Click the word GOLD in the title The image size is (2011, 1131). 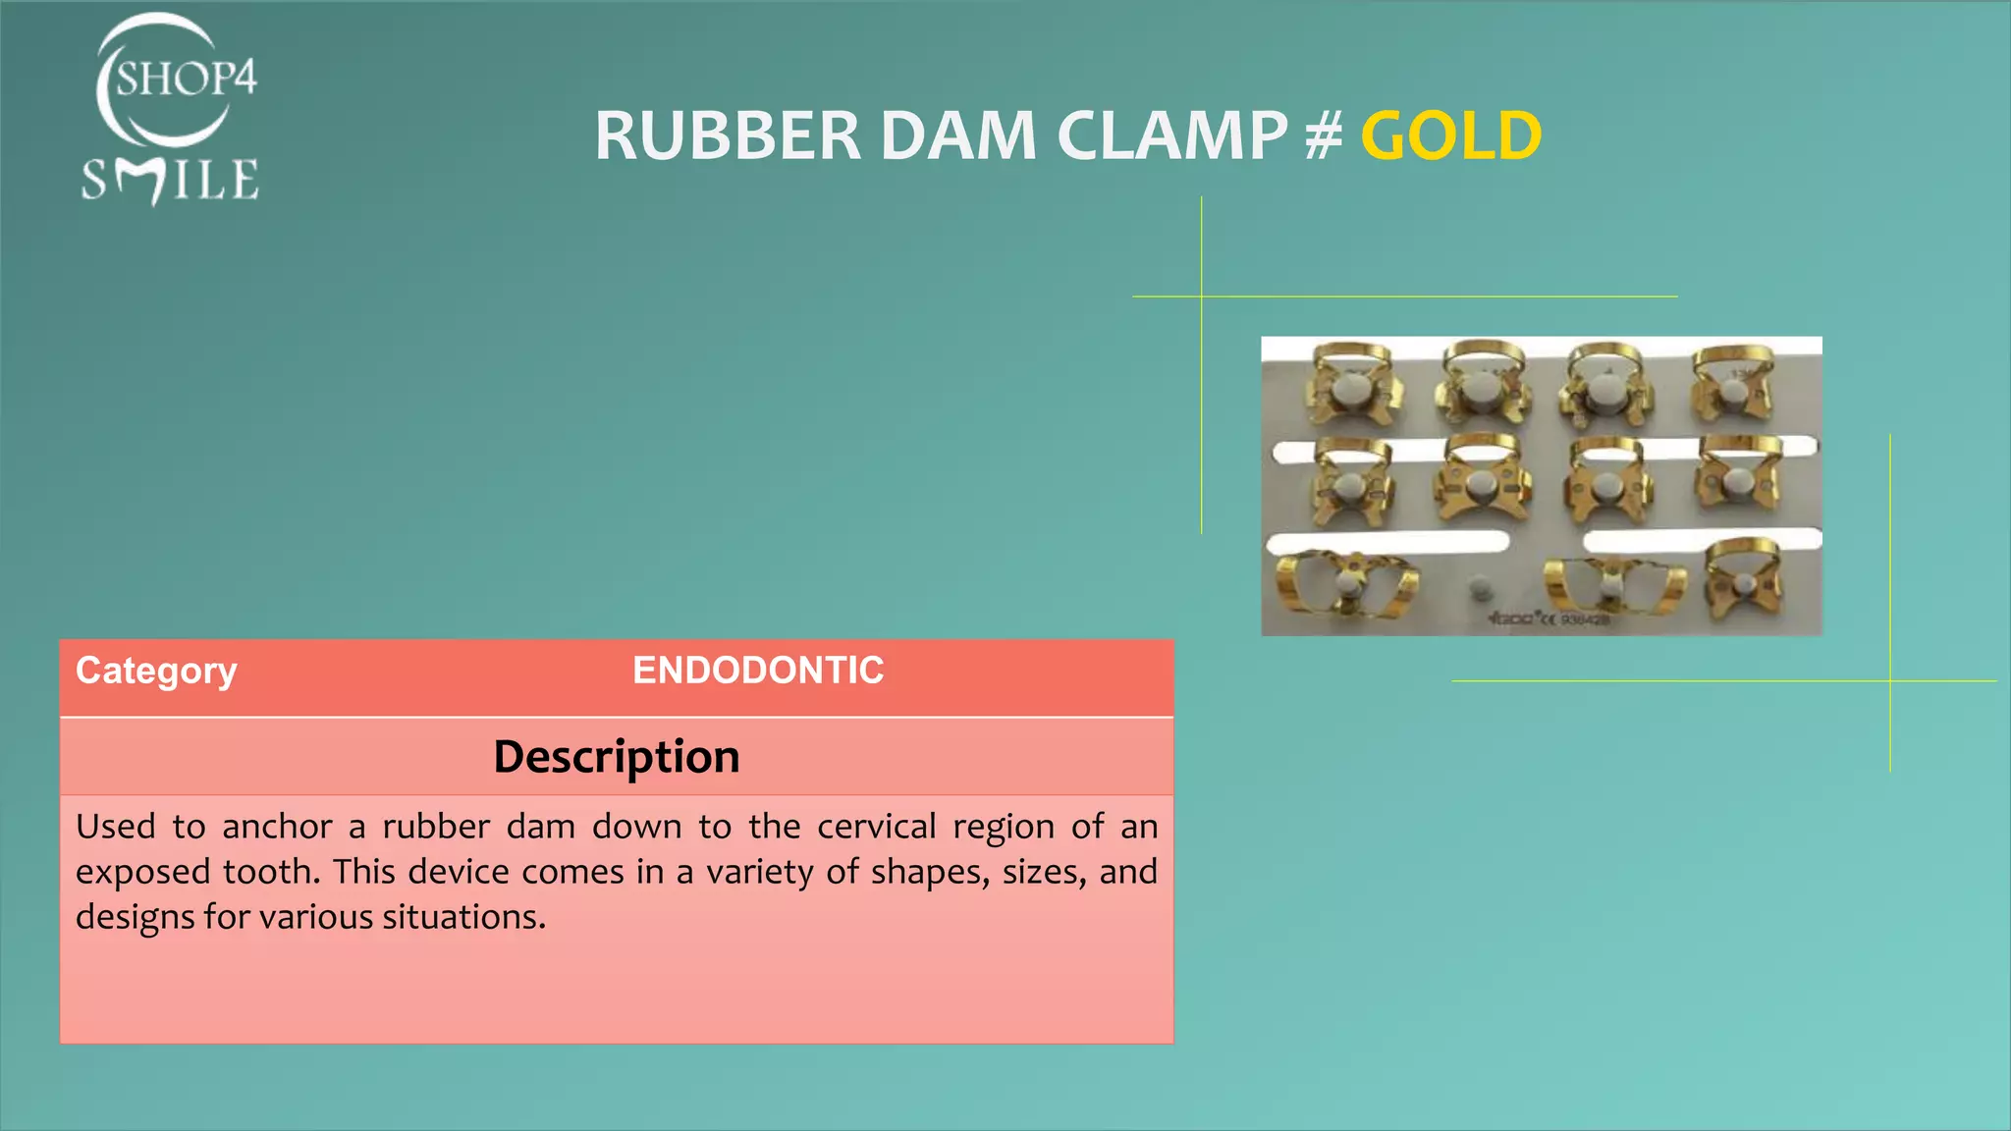tap(1450, 135)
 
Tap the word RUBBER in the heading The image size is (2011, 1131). tap(728, 135)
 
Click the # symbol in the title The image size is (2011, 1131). tap(1324, 135)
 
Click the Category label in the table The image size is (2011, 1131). tap(156, 671)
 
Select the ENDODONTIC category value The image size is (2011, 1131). tap(758, 671)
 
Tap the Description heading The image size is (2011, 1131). tap(617, 757)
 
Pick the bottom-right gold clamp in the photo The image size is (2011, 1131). tap(1743, 581)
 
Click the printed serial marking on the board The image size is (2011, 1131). tap(1549, 619)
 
